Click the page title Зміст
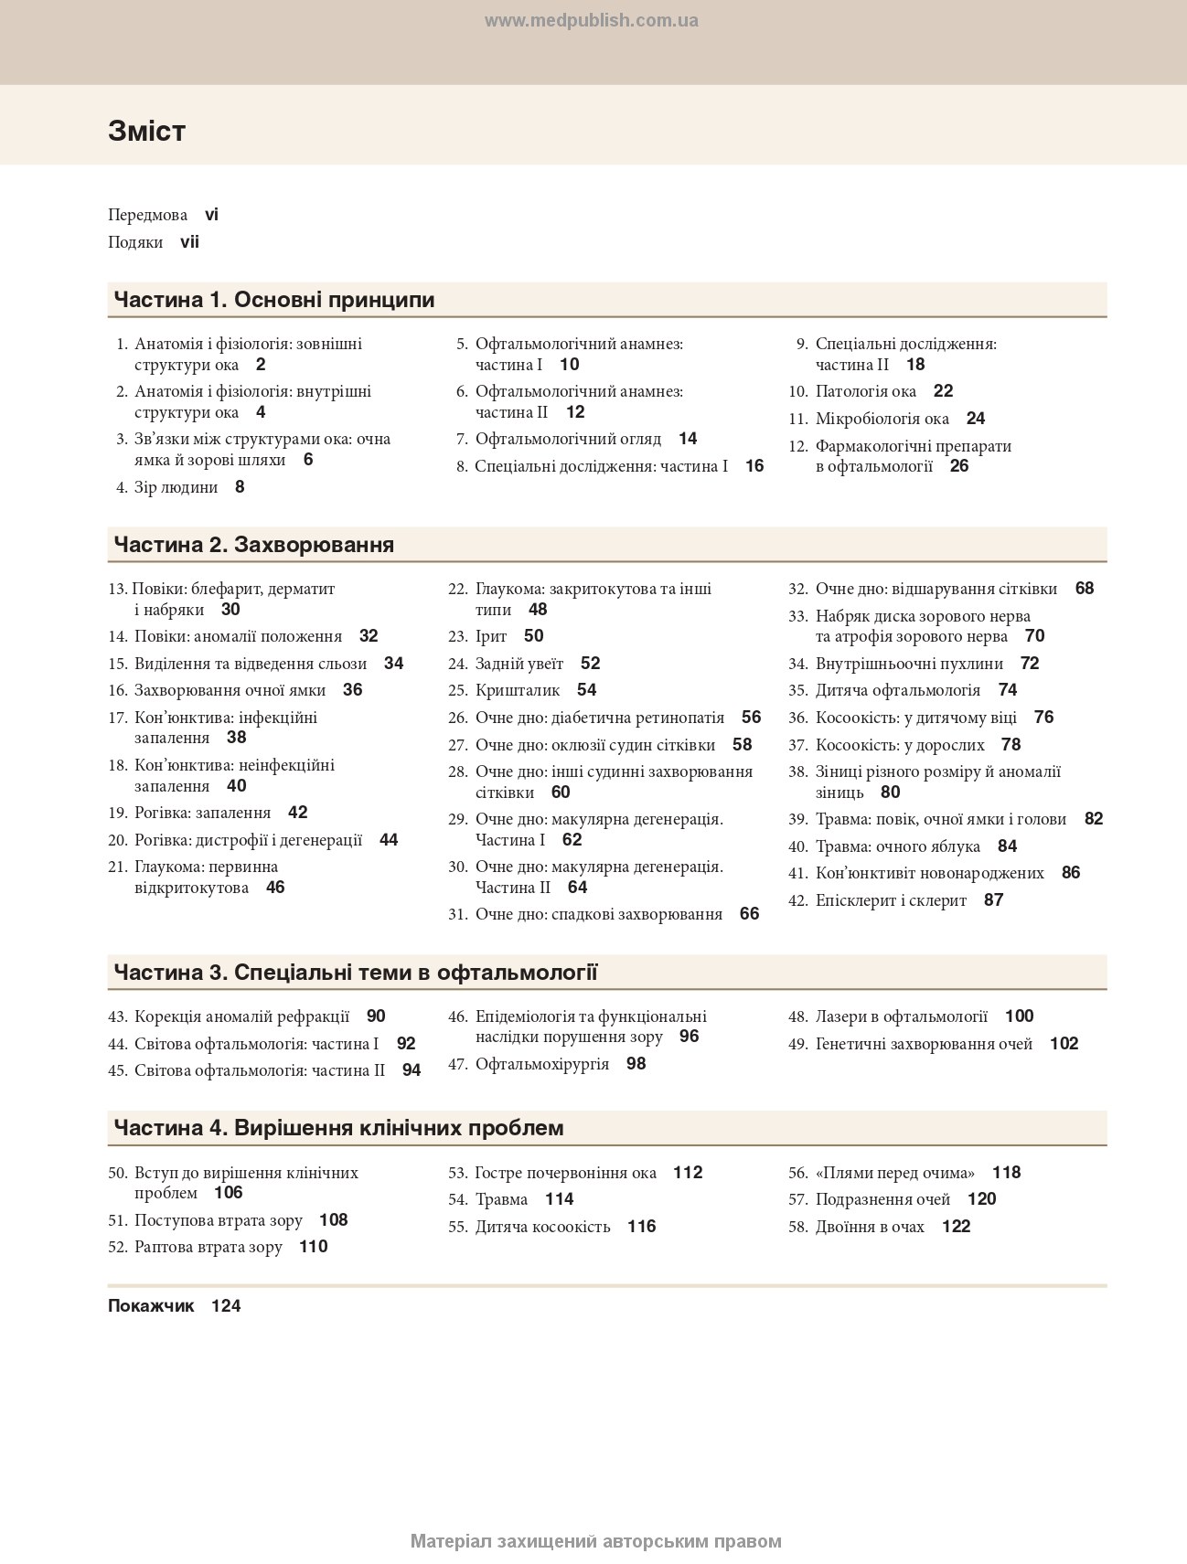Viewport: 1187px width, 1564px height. [x=146, y=131]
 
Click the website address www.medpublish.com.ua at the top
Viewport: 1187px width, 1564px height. [x=591, y=21]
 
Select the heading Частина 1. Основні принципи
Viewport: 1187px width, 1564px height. [x=273, y=300]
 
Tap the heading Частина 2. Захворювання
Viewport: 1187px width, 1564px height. [x=253, y=545]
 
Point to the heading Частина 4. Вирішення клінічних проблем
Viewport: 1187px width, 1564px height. [x=338, y=1128]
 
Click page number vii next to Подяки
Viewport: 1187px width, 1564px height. [x=189, y=242]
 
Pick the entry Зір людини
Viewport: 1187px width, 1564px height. [x=176, y=487]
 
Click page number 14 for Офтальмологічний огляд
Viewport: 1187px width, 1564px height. [x=688, y=439]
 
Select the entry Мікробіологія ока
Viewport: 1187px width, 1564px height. [x=882, y=419]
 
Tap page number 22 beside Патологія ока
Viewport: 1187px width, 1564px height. [x=943, y=391]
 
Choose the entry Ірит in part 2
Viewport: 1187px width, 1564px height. [x=490, y=636]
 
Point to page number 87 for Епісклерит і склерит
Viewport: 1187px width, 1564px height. [x=993, y=900]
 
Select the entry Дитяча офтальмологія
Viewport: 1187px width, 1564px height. [x=897, y=690]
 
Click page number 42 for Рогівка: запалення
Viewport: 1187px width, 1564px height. [x=297, y=813]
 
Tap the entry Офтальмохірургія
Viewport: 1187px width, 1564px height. [x=541, y=1064]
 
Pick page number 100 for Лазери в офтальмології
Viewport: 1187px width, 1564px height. [x=1019, y=1016]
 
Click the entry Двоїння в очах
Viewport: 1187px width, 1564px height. [x=870, y=1227]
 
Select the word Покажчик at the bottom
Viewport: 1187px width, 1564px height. [x=151, y=1306]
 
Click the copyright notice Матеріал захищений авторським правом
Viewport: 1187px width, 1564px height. [x=595, y=1541]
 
